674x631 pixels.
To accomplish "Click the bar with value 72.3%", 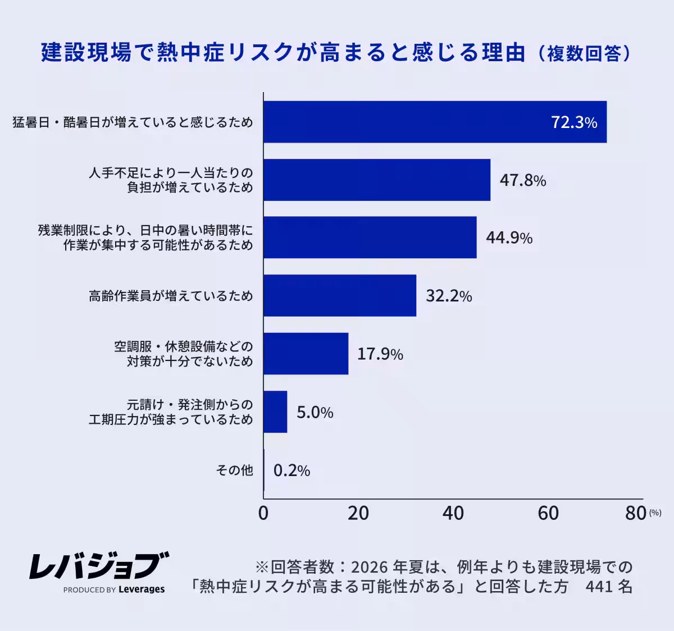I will pos(435,122).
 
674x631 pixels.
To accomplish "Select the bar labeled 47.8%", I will pos(376,180).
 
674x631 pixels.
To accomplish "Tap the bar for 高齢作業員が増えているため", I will pos(340,295).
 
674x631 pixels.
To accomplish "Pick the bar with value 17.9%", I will pos(306,354).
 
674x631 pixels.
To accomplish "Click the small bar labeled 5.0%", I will pos(275,411).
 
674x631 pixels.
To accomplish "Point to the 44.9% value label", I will pos(509,238).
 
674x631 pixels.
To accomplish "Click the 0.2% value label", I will pos(292,470).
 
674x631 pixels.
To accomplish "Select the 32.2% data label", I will pos(448,296).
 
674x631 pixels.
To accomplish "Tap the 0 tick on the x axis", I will pos(263,513).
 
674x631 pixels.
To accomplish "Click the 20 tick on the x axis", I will pos(358,513).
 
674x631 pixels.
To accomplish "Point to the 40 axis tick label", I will pos(453,513).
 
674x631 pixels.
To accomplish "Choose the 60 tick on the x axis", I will pos(548,513).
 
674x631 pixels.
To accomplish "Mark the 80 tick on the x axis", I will pos(636,513).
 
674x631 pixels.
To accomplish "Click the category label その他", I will pos(234,470).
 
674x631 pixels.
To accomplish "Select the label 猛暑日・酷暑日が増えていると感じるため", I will pos(133,122).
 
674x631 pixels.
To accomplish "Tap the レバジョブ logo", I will pos(99,566).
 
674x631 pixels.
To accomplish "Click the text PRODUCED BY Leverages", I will pos(114,589).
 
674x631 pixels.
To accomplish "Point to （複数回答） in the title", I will pos(584,53).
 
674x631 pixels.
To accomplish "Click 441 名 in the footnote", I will pos(609,587).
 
